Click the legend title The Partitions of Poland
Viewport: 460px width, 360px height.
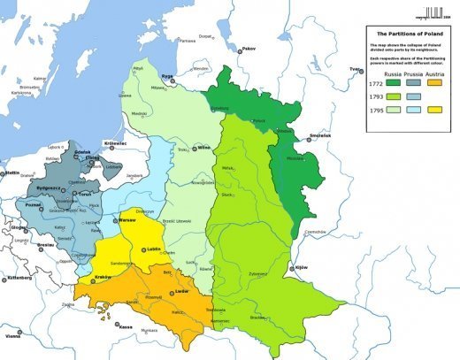404,33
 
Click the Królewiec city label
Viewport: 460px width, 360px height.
115,142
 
